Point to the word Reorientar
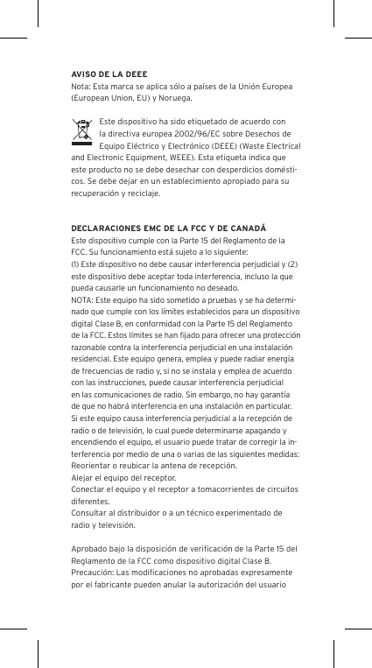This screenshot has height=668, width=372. tap(91, 467)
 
